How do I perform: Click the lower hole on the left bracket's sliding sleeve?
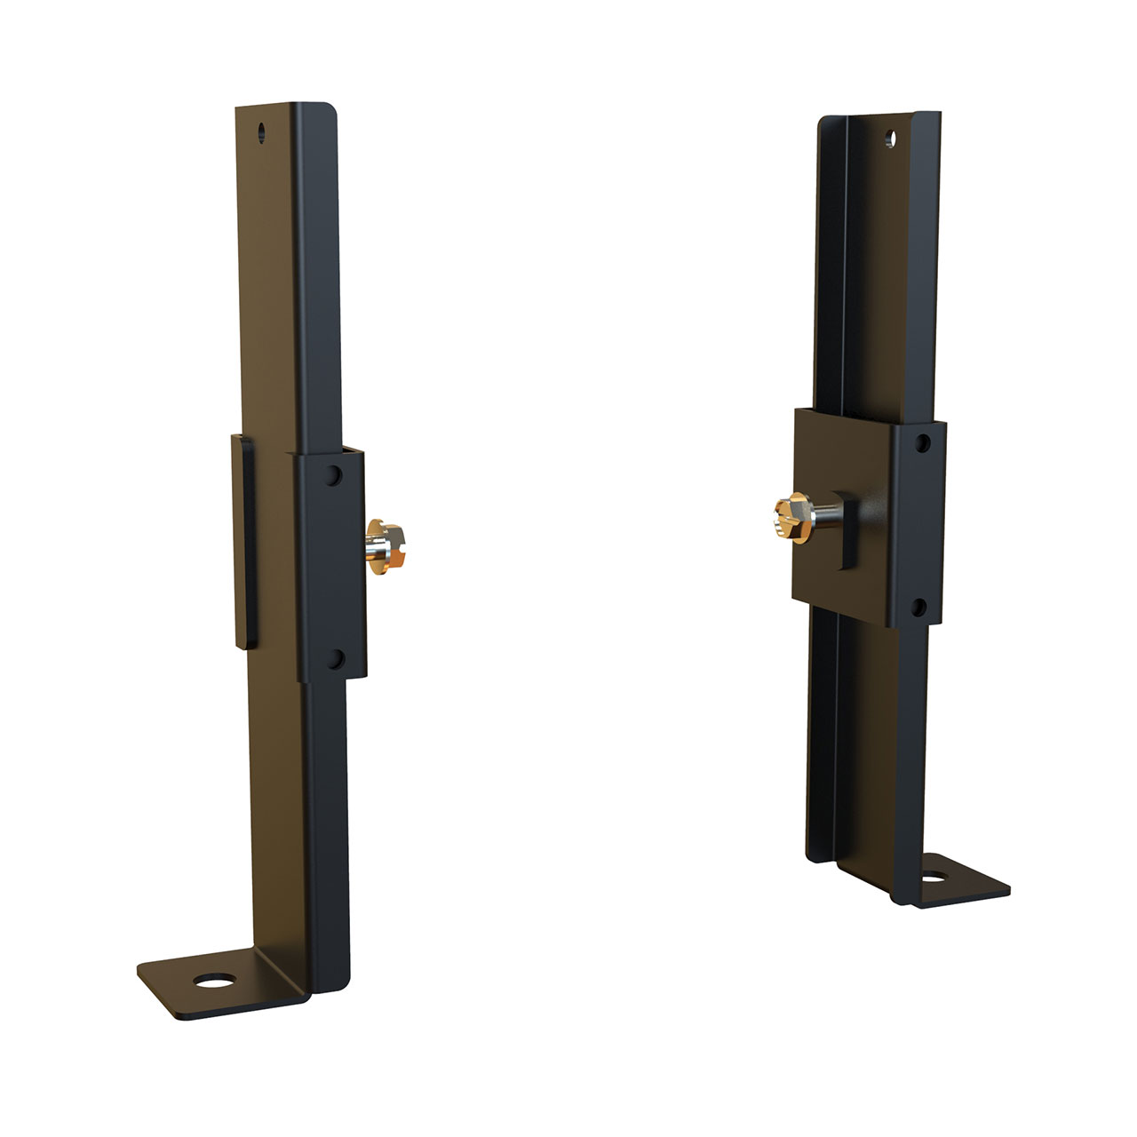[x=335, y=658]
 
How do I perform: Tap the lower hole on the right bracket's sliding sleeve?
[x=920, y=608]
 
